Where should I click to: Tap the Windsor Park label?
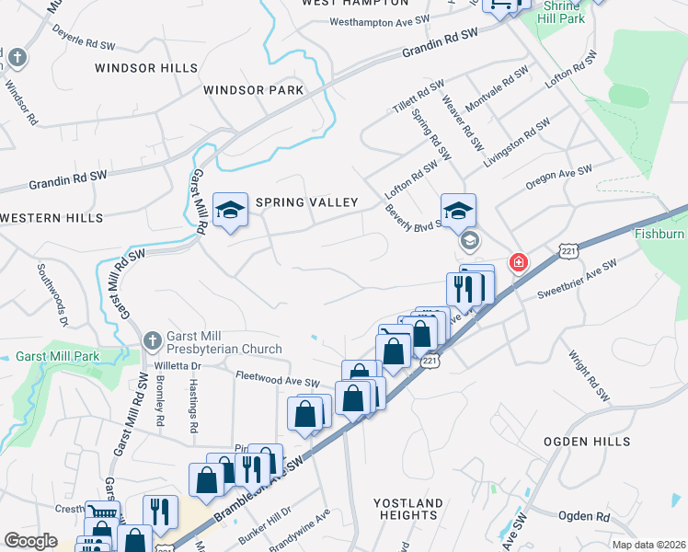click(x=254, y=90)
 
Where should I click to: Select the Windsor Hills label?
click(x=145, y=68)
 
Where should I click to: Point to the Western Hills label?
click(x=52, y=218)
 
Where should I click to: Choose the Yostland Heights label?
click(x=408, y=510)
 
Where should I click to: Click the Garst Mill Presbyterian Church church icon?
click(x=153, y=341)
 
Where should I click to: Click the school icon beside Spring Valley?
click(x=230, y=210)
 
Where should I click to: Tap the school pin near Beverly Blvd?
click(x=458, y=211)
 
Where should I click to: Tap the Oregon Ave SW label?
click(x=559, y=177)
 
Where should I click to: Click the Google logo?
click(x=30, y=541)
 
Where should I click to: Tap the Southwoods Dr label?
click(x=52, y=294)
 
